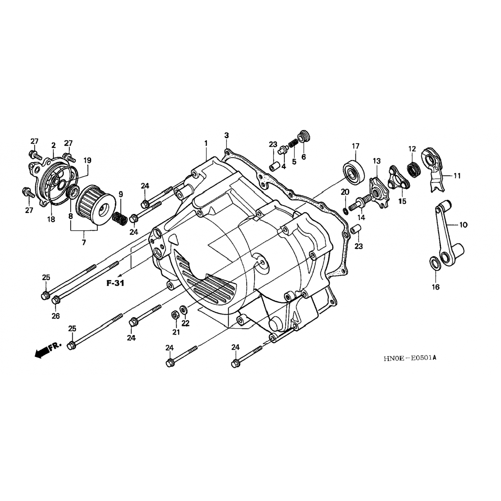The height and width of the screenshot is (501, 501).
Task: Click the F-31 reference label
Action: pyautogui.click(x=115, y=283)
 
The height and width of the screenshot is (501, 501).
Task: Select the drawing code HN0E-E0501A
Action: pyautogui.click(x=410, y=358)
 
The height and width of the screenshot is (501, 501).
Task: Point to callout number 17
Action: pyautogui.click(x=355, y=146)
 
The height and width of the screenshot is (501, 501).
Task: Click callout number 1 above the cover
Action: pyautogui.click(x=206, y=143)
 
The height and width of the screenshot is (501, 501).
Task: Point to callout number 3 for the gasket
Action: pyautogui.click(x=226, y=135)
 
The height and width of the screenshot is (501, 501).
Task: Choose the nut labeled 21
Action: pyautogui.click(x=174, y=315)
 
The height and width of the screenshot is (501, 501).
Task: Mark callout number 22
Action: pyautogui.click(x=185, y=323)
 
